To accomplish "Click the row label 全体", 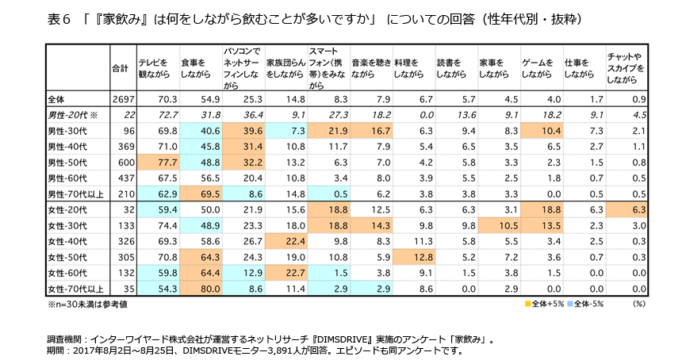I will tap(57, 99).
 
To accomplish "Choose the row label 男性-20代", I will tap(71, 115).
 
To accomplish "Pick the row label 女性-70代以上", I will tap(78, 289).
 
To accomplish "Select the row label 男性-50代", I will tap(67, 163).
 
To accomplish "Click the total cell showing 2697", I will tap(120, 99).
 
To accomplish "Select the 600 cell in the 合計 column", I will tap(122, 163).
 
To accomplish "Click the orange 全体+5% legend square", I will tap(527, 304).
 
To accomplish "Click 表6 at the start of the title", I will tap(61, 17).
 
